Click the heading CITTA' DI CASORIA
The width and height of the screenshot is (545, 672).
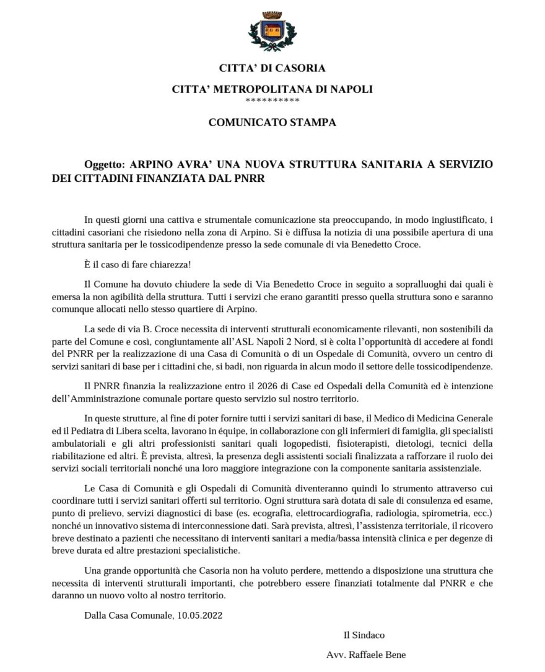point(272,68)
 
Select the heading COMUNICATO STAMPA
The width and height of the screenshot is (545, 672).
point(272,123)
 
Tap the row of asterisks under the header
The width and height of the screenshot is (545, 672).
point(272,100)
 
